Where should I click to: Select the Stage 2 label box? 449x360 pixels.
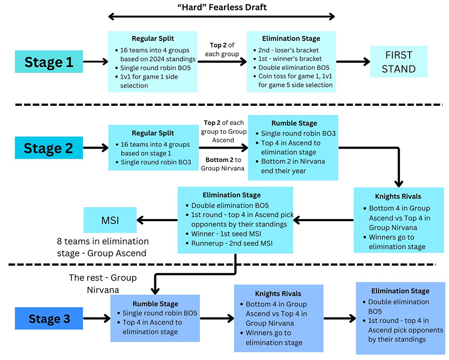pyautogui.click(x=49, y=148)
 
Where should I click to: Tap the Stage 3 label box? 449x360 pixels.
pyautogui.click(x=49, y=319)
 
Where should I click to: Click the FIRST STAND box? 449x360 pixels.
pyautogui.click(x=399, y=62)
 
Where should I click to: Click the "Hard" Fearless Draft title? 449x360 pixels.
pyautogui.click(x=222, y=6)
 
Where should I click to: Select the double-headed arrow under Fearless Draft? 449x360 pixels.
pyautogui.click(x=222, y=17)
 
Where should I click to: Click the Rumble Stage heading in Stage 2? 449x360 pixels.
pyautogui.click(x=293, y=123)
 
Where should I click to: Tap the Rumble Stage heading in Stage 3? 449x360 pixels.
pyautogui.click(x=155, y=303)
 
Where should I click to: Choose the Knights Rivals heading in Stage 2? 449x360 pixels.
pyautogui.click(x=399, y=196)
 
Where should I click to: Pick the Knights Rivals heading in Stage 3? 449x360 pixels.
pyautogui.click(x=278, y=294)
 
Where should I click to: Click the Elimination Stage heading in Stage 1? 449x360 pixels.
pyautogui.click(x=291, y=38)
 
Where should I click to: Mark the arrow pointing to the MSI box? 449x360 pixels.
pyautogui.click(x=156, y=220)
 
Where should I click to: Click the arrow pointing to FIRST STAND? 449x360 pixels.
pyautogui.click(x=353, y=61)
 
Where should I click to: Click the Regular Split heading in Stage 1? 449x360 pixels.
pyautogui.click(x=153, y=38)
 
